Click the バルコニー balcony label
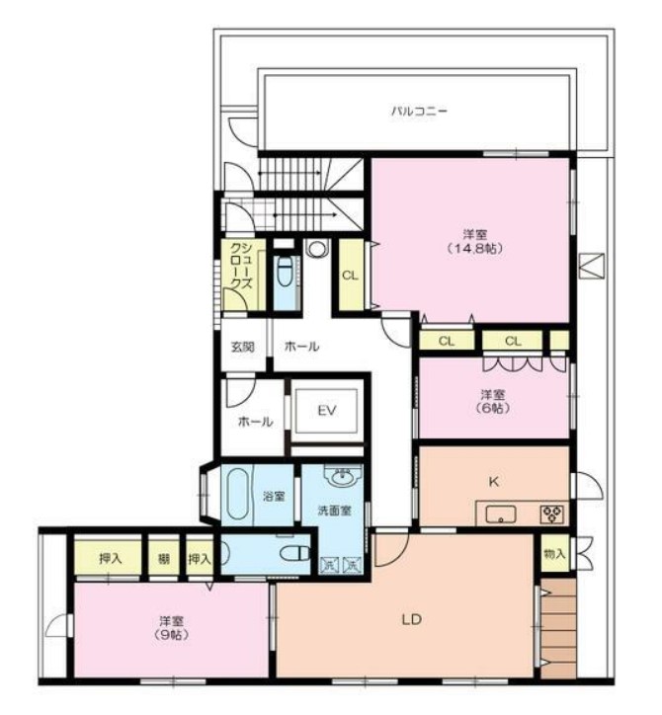[x=419, y=111]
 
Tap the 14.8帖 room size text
[x=475, y=249]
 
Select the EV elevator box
[x=327, y=411]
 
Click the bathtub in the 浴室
[x=237, y=495]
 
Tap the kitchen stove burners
[x=553, y=515]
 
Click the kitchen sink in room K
[x=501, y=515]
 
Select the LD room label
[x=411, y=619]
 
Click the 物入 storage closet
[x=555, y=554]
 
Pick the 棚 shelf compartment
[x=164, y=558]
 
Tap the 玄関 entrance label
[x=243, y=347]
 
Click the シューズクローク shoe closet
[x=243, y=276]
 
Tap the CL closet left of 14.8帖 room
[x=351, y=276]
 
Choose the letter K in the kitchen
[x=494, y=482]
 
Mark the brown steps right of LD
[x=558, y=628]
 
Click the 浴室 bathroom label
[x=274, y=496]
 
